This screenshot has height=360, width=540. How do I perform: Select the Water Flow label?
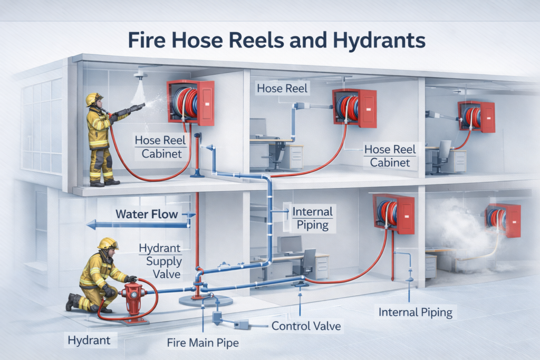(147, 214)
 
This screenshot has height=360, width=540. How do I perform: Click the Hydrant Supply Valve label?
(160, 261)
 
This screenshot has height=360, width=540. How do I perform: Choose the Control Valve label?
(306, 326)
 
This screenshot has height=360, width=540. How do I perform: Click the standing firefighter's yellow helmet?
(94, 99)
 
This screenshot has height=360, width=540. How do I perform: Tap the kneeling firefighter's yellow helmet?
(108, 243)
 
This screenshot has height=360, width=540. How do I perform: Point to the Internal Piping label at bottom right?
(416, 313)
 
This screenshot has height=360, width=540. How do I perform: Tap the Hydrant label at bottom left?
(89, 340)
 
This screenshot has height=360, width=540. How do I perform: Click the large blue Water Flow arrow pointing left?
(137, 225)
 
